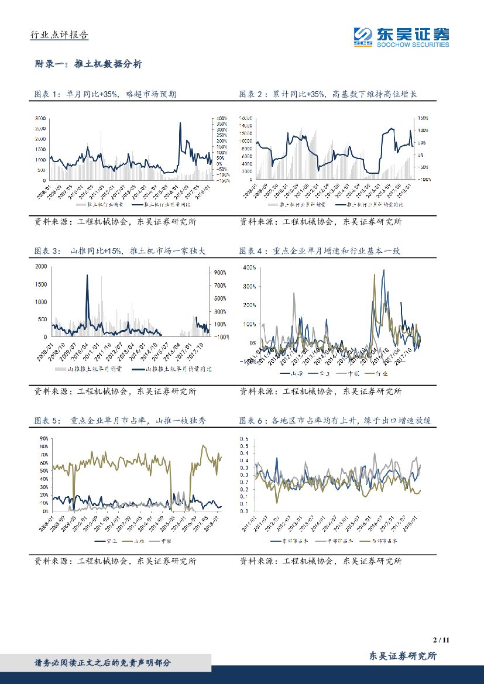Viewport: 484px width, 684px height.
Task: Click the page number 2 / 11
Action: click(439, 640)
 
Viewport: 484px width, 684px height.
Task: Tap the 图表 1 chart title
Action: click(105, 94)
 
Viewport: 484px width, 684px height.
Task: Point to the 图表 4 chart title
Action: click(327, 250)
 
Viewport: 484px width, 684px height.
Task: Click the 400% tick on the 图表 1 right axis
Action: click(222, 118)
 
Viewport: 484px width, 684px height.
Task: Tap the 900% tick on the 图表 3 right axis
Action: click(220, 273)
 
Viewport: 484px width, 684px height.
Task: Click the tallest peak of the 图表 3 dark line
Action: click(87, 276)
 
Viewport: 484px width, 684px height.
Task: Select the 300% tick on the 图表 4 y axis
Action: click(249, 286)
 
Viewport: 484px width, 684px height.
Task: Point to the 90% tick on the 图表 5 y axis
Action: click(43, 438)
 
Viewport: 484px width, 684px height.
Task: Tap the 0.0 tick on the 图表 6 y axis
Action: click(245, 511)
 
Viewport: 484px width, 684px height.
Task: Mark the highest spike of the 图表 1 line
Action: click(180, 123)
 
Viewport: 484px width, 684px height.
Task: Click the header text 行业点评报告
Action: click(59, 35)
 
